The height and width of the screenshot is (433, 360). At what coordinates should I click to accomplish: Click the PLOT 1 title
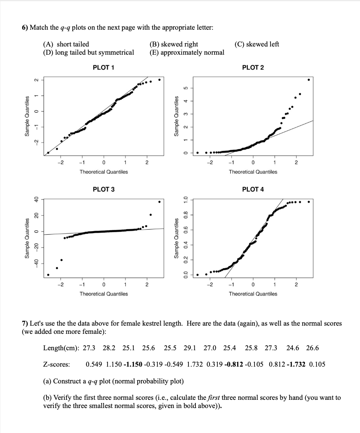point(104,68)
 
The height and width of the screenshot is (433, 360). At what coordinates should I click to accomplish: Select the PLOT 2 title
point(253,68)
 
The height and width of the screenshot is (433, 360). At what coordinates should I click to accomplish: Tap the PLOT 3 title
point(104,189)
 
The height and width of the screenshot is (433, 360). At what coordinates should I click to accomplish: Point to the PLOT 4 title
point(253,189)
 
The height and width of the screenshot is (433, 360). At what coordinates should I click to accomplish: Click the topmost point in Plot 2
point(309,80)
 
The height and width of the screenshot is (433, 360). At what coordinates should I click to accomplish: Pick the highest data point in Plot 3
point(159,202)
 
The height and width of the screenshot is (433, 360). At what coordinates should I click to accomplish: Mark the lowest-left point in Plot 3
point(48,275)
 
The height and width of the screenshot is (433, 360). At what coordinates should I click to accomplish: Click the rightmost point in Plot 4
point(309,202)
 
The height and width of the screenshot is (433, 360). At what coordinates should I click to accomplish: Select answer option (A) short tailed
point(66,44)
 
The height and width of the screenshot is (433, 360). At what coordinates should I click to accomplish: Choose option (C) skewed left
point(257,44)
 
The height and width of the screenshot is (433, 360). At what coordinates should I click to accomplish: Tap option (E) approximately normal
point(187,52)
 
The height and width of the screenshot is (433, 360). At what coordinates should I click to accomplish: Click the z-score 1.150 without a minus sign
point(114,364)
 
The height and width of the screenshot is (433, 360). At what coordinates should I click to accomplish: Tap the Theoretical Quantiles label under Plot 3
point(104,294)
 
